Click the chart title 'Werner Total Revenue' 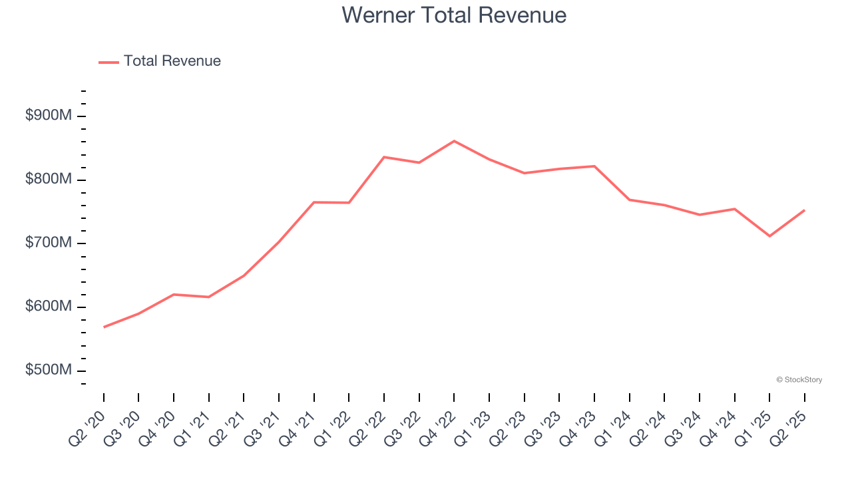click(x=454, y=15)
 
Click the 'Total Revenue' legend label click(x=172, y=61)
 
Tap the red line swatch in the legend click(x=108, y=62)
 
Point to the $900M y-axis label click(x=49, y=116)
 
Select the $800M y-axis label click(x=49, y=180)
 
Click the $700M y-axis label click(x=49, y=243)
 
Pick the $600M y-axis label click(x=49, y=307)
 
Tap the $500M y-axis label click(x=49, y=370)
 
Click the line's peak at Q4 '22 click(x=454, y=141)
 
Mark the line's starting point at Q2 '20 click(x=104, y=327)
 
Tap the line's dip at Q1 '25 click(x=769, y=236)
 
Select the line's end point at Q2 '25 click(x=804, y=210)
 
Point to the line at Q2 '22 click(x=384, y=157)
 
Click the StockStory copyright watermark click(x=799, y=380)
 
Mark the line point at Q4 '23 click(x=594, y=166)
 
